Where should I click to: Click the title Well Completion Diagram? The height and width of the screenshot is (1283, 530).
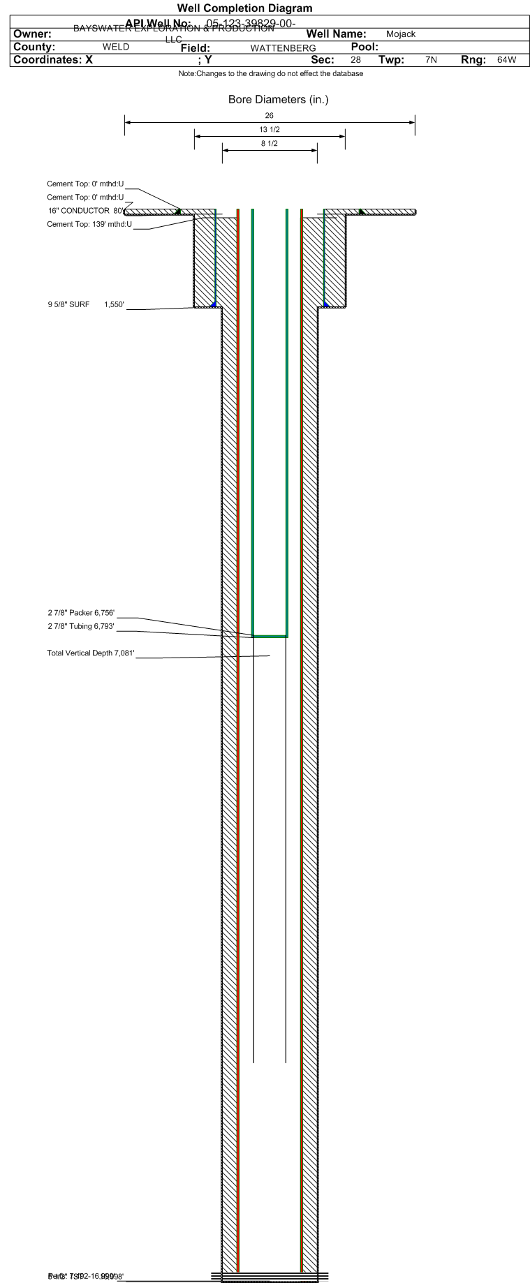click(x=244, y=8)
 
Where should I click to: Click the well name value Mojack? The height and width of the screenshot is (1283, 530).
click(x=401, y=34)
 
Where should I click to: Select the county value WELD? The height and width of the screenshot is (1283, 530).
click(x=116, y=47)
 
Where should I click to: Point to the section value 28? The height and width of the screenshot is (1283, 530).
click(x=355, y=60)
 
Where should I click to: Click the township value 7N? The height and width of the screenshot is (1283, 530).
click(x=431, y=60)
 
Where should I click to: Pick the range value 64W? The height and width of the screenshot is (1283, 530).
click(x=506, y=60)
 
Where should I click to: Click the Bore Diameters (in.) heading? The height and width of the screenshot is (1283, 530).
click(x=278, y=100)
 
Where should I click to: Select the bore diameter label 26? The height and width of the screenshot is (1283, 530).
click(x=270, y=115)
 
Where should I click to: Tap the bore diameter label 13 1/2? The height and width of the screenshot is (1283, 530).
click(x=270, y=130)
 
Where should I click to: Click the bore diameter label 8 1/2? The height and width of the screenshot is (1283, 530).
click(x=270, y=144)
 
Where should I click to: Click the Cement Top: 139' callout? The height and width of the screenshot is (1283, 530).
click(x=89, y=224)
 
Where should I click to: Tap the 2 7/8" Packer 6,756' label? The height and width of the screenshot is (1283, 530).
click(x=81, y=613)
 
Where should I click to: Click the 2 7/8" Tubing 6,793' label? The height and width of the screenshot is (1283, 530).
click(x=81, y=626)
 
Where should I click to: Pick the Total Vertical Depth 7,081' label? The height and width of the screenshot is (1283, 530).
click(x=89, y=654)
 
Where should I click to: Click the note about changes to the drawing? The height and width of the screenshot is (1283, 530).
click(x=271, y=74)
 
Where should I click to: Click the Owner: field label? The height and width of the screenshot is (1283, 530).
click(x=33, y=34)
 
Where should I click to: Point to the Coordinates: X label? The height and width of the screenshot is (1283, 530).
click(x=53, y=60)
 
